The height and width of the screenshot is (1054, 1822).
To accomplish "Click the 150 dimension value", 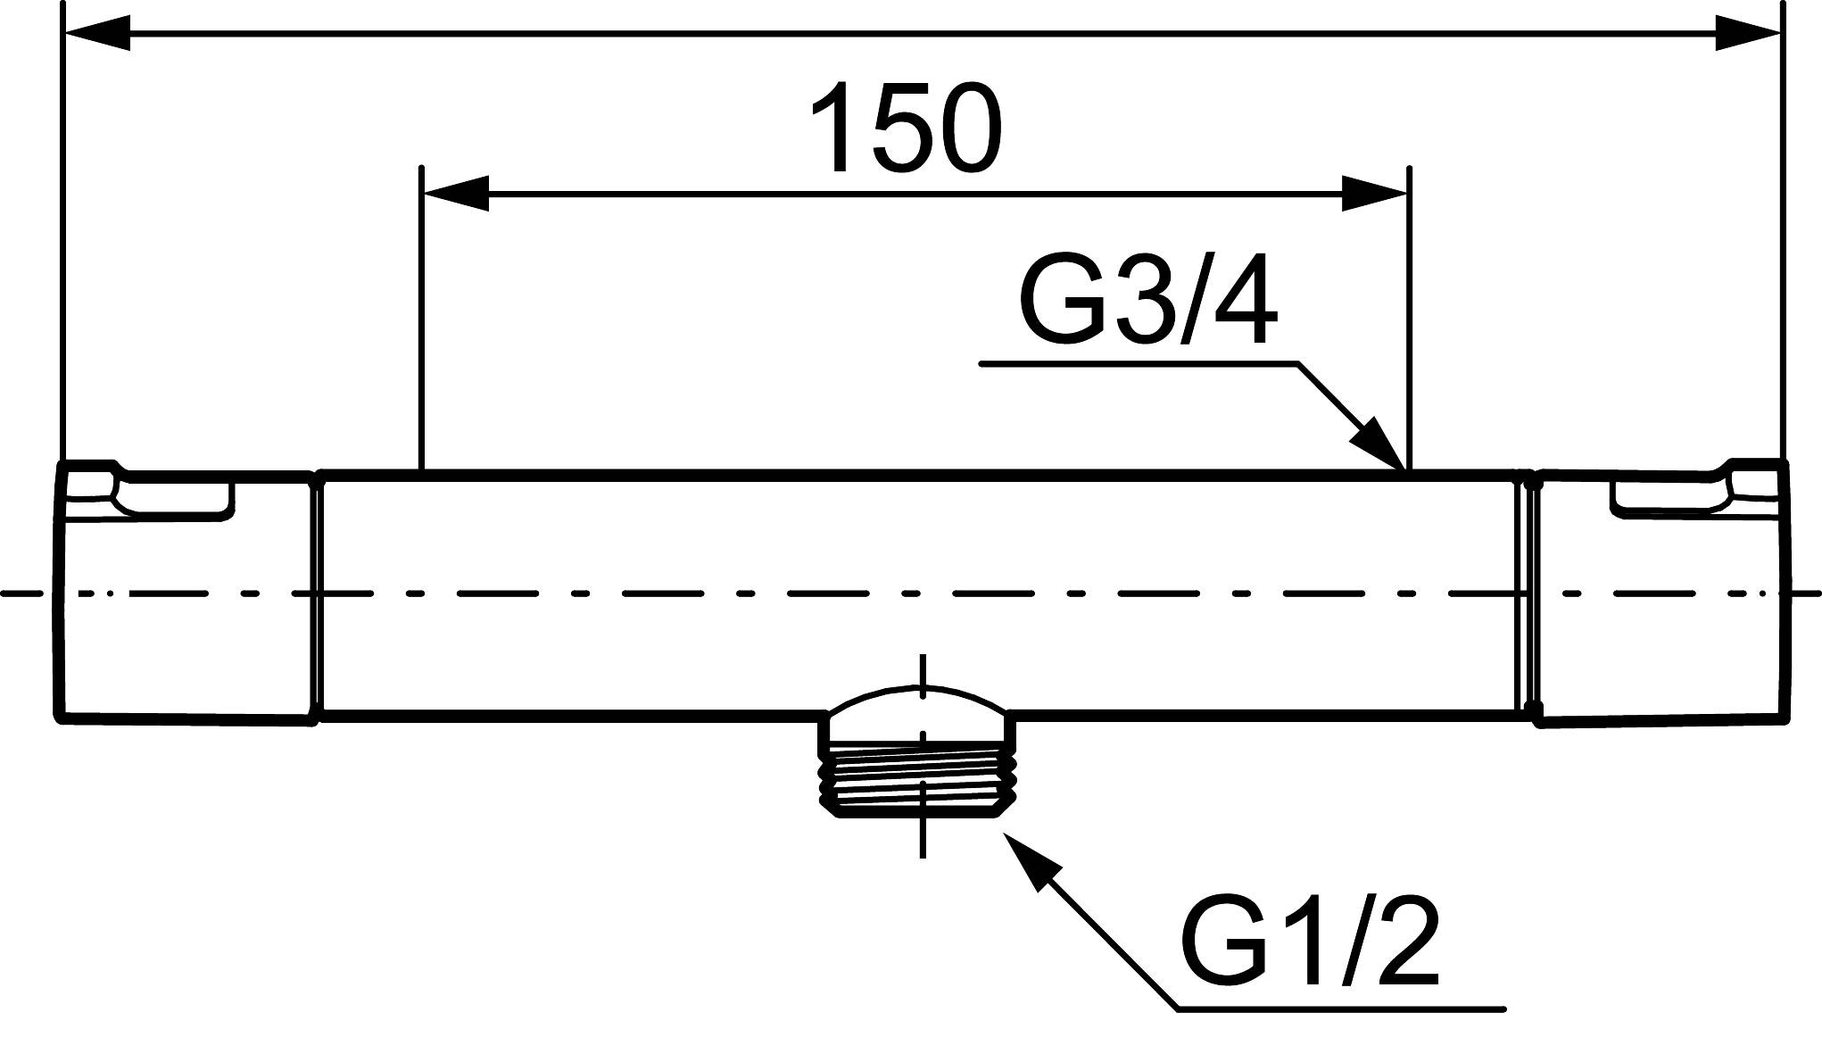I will click(x=907, y=129).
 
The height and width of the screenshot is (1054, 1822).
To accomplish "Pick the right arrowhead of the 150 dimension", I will click(x=1374, y=193).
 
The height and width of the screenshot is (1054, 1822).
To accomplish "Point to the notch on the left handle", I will click(x=174, y=498).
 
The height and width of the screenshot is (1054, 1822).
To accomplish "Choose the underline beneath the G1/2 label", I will click(x=1338, y=1009).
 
